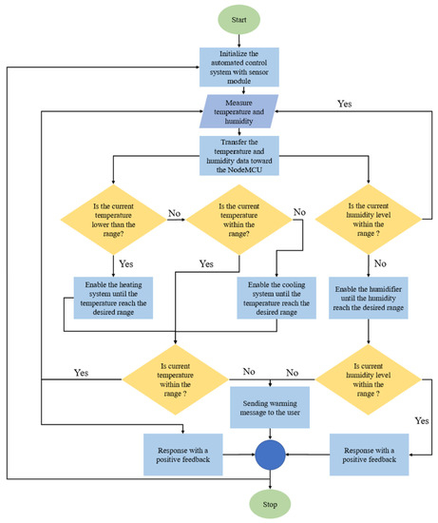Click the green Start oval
coord(239,19)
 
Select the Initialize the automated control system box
coord(239,67)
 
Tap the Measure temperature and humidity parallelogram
coord(238,113)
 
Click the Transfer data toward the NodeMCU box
coord(238,153)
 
